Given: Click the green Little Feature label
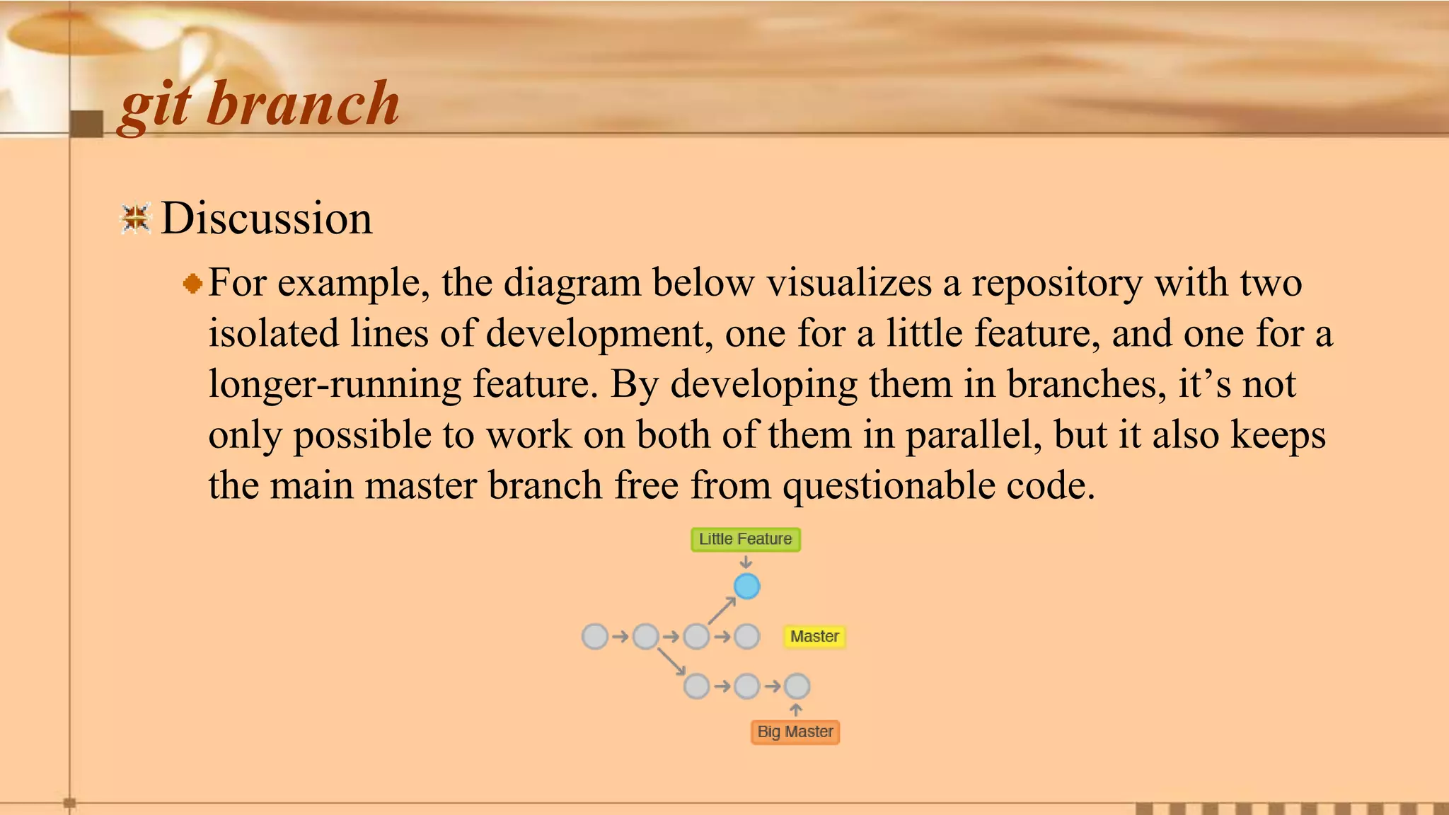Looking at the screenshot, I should (x=745, y=539).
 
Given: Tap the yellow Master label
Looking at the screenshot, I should (x=814, y=636).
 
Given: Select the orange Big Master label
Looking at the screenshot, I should (x=795, y=732).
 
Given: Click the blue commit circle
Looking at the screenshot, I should (x=746, y=586).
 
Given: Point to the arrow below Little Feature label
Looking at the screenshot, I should (x=746, y=562).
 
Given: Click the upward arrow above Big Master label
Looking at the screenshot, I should (x=796, y=710).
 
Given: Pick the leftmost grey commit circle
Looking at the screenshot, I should (x=595, y=636).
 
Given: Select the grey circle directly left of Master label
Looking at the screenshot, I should (x=747, y=636).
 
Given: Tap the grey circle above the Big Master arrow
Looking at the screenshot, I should (x=797, y=686).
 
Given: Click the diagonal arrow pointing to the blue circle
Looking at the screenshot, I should (x=722, y=611).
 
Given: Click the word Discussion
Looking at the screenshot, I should (x=266, y=218).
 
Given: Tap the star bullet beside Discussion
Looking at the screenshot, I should (x=135, y=218).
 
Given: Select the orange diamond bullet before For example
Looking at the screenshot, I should (x=192, y=284).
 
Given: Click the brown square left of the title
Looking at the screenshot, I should (x=86, y=124).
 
